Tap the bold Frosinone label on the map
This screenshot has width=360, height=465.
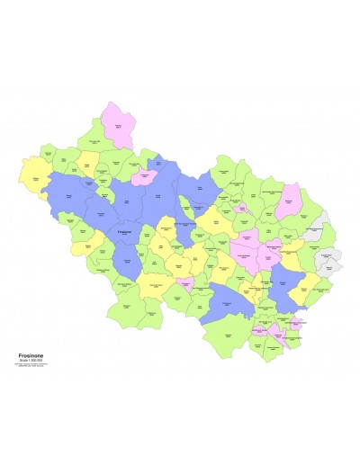point(124,231)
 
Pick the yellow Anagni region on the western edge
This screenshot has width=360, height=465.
point(36,170)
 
